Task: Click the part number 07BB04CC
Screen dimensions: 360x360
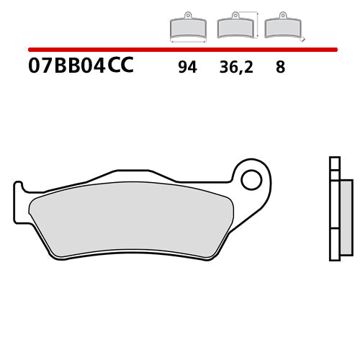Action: (x=81, y=67)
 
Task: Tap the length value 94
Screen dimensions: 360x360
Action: (x=187, y=68)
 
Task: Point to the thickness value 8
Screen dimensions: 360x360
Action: (x=280, y=68)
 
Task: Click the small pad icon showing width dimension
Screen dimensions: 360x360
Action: (x=188, y=27)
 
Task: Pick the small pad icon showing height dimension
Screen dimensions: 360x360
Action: (x=234, y=27)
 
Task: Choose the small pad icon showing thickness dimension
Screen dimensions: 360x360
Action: (x=281, y=27)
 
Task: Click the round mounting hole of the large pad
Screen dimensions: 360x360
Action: (x=251, y=179)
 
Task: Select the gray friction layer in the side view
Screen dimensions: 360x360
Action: (x=346, y=216)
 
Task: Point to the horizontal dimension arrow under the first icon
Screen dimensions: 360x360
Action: (x=188, y=42)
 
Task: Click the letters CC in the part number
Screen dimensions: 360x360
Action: (x=120, y=67)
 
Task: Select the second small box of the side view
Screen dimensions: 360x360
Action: (x=333, y=174)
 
